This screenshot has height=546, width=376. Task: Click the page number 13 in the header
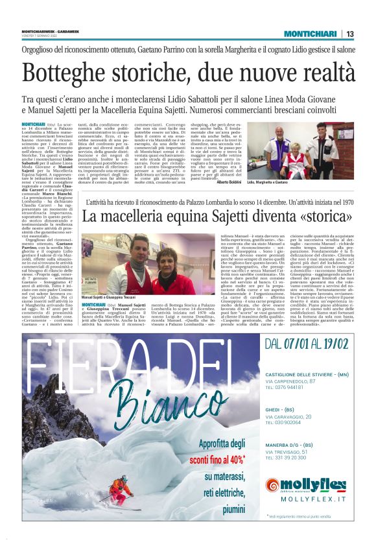350,34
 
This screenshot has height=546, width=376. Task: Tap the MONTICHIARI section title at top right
311,34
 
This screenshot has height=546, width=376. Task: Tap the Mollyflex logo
305,484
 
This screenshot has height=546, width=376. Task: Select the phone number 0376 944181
288,387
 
